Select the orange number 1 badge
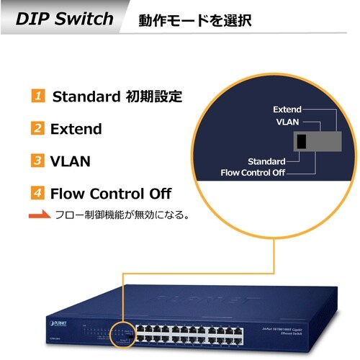(x=37, y=96)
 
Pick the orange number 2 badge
(x=37, y=129)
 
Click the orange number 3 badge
(x=37, y=161)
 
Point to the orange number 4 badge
(x=37, y=193)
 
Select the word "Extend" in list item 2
(x=76, y=129)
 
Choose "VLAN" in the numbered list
(x=70, y=161)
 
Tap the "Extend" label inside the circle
(x=287, y=109)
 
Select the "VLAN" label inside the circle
(x=287, y=122)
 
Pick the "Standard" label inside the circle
(x=266, y=161)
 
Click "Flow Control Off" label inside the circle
(x=253, y=172)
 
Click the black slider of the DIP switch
(x=302, y=140)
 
